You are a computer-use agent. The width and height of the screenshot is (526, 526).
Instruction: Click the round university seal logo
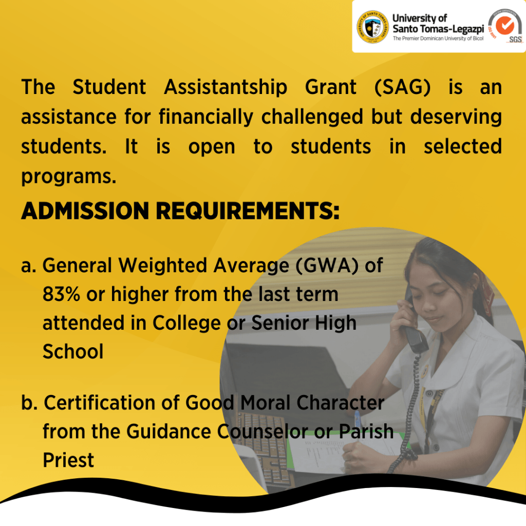(x=372, y=27)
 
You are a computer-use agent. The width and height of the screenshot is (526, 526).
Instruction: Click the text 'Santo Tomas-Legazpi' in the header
(x=438, y=29)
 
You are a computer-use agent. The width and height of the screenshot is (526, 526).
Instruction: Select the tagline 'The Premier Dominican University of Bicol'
(x=438, y=38)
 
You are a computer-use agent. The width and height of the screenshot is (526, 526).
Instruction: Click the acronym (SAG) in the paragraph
(x=402, y=87)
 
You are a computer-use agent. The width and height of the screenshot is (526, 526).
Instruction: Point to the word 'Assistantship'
(x=226, y=87)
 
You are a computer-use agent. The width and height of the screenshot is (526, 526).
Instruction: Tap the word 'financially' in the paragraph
(x=206, y=117)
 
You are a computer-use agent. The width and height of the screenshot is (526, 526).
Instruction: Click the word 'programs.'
(x=68, y=177)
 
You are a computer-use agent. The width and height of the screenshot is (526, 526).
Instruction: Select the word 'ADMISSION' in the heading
(x=85, y=211)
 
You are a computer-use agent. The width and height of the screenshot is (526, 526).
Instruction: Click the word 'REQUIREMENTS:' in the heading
(x=248, y=211)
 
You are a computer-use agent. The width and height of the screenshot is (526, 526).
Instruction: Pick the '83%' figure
(x=62, y=294)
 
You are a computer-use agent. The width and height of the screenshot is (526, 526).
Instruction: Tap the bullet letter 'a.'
(x=29, y=266)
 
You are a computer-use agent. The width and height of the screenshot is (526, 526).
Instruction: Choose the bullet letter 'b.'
(x=29, y=402)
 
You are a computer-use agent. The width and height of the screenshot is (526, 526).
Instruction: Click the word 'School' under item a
(x=73, y=351)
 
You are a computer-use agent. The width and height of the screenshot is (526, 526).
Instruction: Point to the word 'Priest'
(x=68, y=460)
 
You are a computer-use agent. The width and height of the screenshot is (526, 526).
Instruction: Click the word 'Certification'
(x=100, y=403)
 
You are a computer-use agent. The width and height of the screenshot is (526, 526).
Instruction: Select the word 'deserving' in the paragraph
(x=456, y=117)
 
